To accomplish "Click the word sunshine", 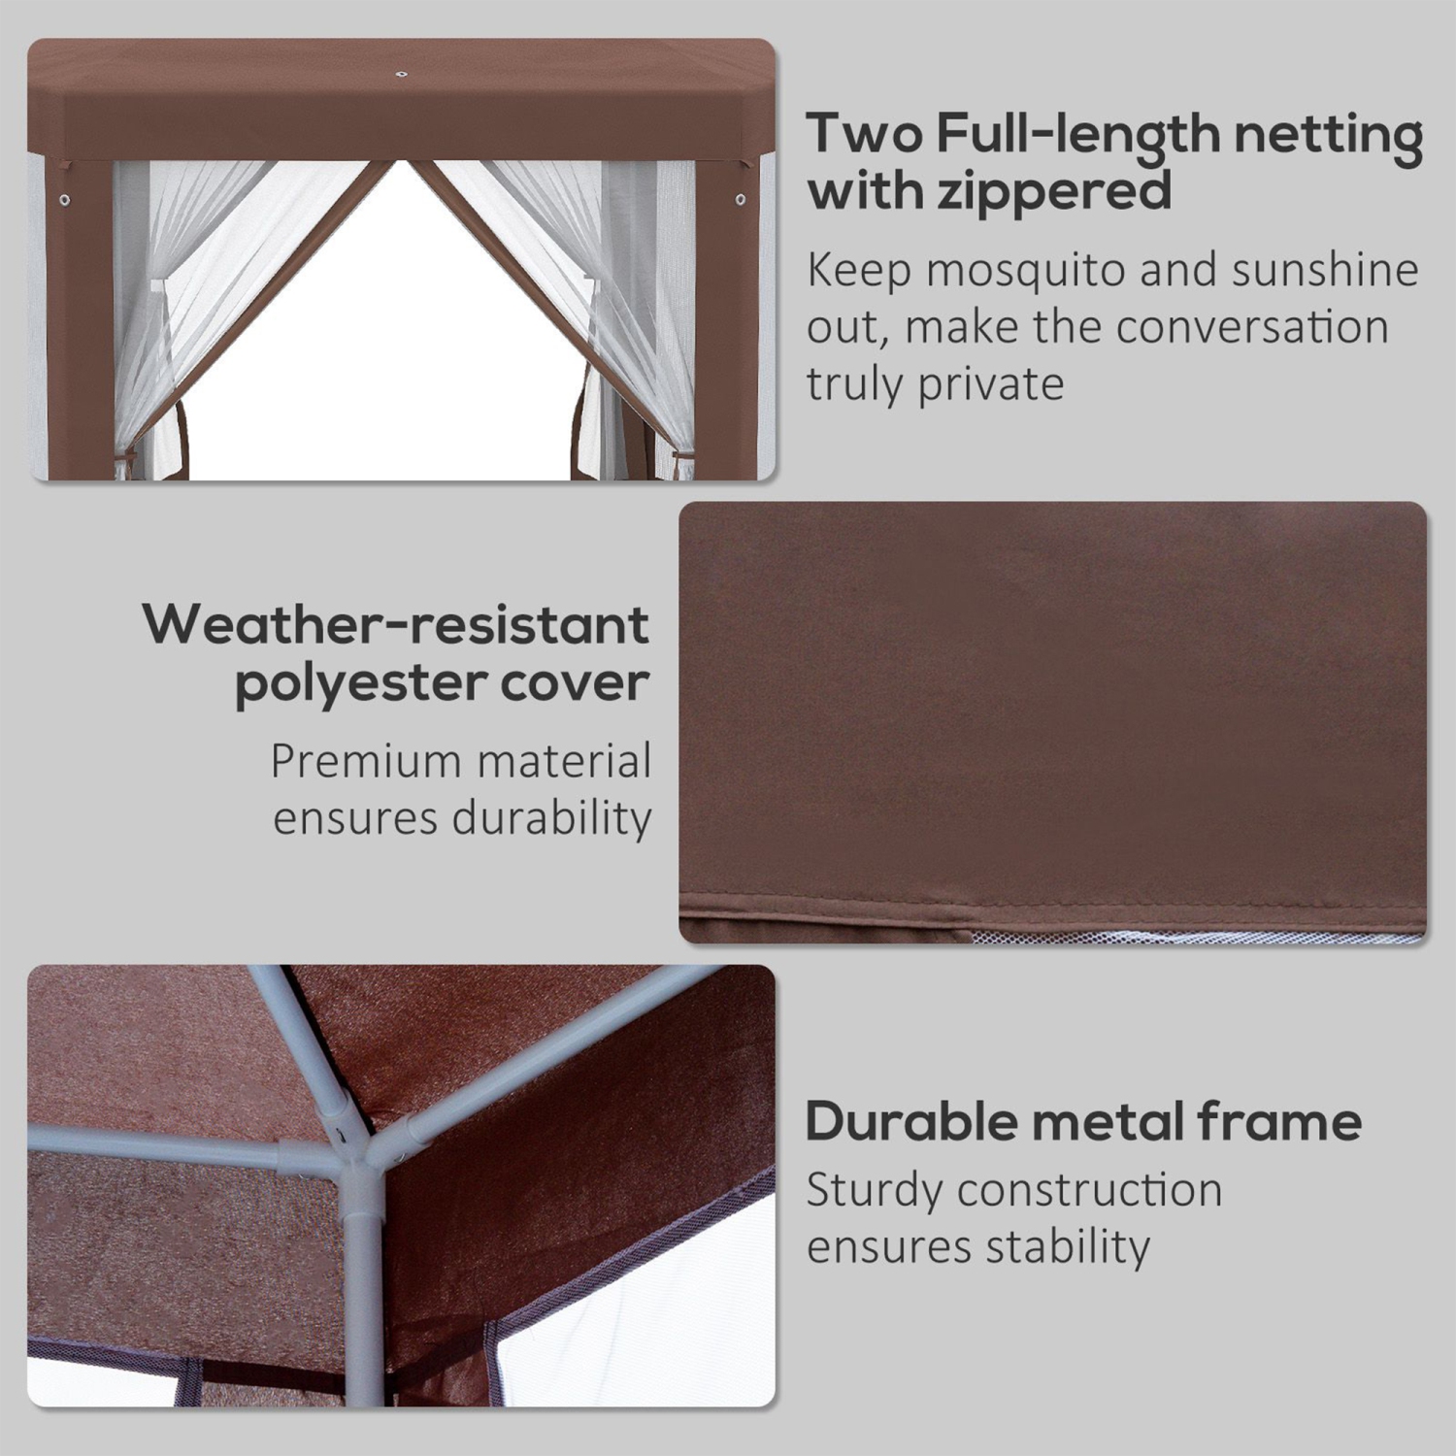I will click(1325, 271).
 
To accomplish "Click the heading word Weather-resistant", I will click(396, 625).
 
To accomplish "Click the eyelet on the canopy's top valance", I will click(399, 73).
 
